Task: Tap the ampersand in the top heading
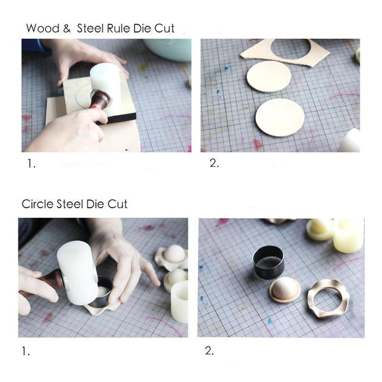point(66,29)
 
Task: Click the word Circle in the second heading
point(37,204)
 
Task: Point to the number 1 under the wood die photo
point(31,164)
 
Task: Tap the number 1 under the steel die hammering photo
point(25,350)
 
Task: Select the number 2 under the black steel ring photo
point(209,350)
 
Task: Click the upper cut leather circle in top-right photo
point(269,76)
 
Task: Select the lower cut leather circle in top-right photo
point(279,117)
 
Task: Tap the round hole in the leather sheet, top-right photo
point(290,48)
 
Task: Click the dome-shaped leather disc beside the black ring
point(285,290)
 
